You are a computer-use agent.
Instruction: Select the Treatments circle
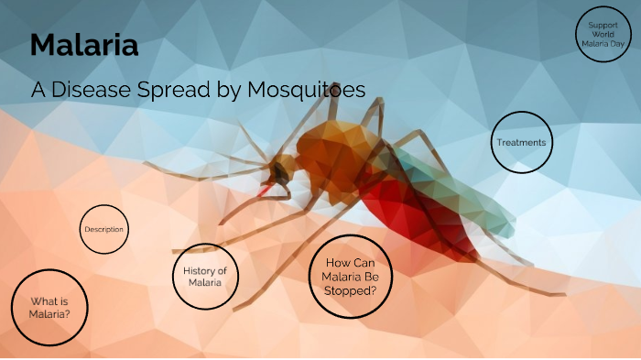521,143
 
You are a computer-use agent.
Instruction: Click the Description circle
103,229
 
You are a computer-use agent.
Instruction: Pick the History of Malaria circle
204,276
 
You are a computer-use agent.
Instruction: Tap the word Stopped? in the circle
351,290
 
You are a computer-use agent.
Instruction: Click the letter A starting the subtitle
38,91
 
